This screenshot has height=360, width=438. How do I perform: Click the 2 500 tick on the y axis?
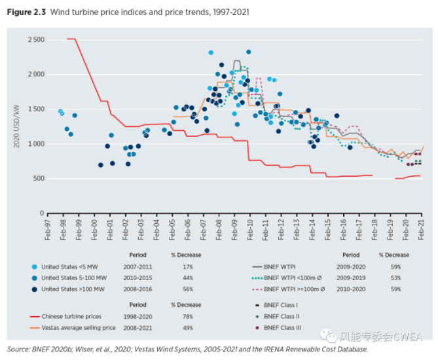pos(35,40)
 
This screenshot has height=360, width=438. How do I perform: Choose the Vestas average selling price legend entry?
pos(82,327)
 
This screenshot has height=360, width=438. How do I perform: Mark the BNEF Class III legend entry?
pos(301,327)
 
